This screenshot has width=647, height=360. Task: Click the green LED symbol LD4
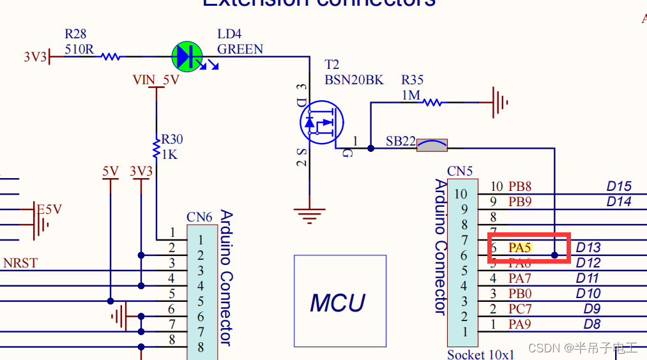[x=188, y=56]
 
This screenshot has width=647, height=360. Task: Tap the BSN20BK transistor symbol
[x=321, y=121]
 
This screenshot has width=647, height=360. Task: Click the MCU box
[x=340, y=301]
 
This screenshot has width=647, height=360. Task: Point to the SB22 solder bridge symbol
[x=432, y=146]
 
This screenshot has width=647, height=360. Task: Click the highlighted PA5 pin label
[x=520, y=247]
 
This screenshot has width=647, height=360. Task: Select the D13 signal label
[x=588, y=247]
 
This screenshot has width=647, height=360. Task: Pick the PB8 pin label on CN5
[x=520, y=186]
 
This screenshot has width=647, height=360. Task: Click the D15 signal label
[x=618, y=186]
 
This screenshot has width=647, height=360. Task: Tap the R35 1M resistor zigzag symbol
[x=431, y=101]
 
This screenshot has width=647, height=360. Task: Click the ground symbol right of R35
[x=499, y=102]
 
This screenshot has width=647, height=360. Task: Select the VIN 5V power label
[x=156, y=80]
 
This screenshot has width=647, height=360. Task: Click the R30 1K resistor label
[x=172, y=147]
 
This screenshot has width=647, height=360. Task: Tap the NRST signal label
[x=20, y=263]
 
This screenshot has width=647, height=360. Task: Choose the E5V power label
[x=49, y=209]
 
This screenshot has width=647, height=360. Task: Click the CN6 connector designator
[x=199, y=218]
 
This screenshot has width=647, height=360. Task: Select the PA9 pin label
[x=520, y=324]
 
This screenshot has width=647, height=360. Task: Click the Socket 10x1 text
[x=480, y=354]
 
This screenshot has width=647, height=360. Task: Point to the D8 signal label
[x=592, y=324]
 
